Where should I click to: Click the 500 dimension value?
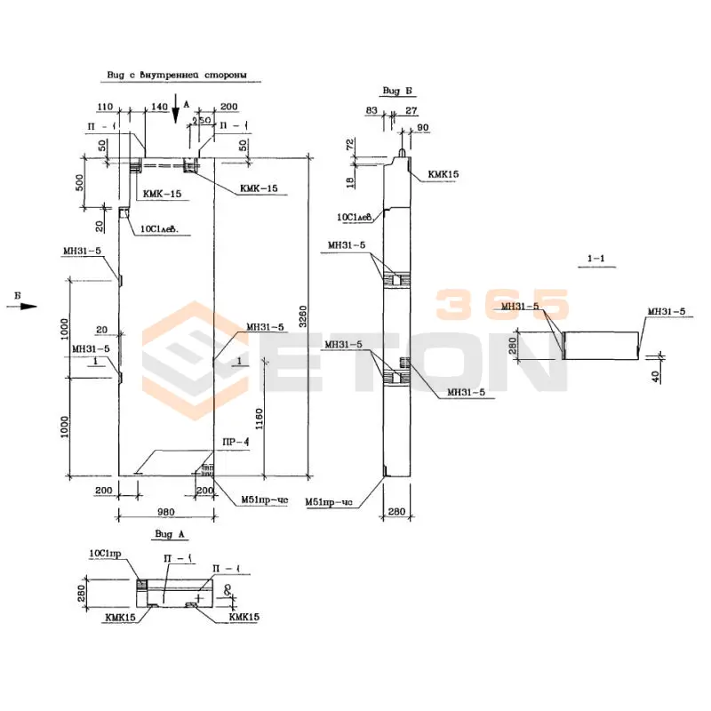point(79,182)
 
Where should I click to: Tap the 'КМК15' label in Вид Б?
point(442,175)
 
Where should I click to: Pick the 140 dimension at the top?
point(160,106)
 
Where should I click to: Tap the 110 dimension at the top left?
point(106,106)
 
